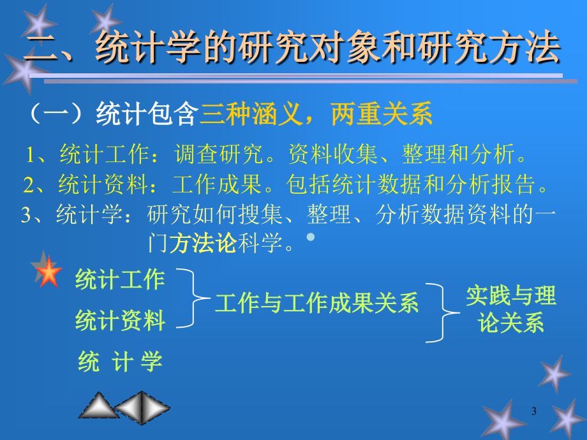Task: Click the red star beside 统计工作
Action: pos(48,272)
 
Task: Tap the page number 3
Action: pos(534,411)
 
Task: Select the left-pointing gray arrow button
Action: pos(128,407)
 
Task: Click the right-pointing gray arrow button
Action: pos(156,407)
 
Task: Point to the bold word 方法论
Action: pos(203,243)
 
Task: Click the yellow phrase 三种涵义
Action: pos(251,114)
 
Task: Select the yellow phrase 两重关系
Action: pos(382,114)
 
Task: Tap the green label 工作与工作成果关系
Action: pos(316,303)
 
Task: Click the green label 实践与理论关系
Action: pos(511,309)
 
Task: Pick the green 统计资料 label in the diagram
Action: pos(120,320)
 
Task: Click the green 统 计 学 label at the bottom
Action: pos(120,362)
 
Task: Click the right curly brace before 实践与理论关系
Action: pos(443,312)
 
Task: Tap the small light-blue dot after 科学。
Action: pos(311,237)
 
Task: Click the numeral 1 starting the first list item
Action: pos(31,154)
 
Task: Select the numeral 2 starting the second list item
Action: pos(29,185)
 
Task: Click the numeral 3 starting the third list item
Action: pos(26,215)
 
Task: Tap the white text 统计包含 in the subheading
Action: pos(147,114)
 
